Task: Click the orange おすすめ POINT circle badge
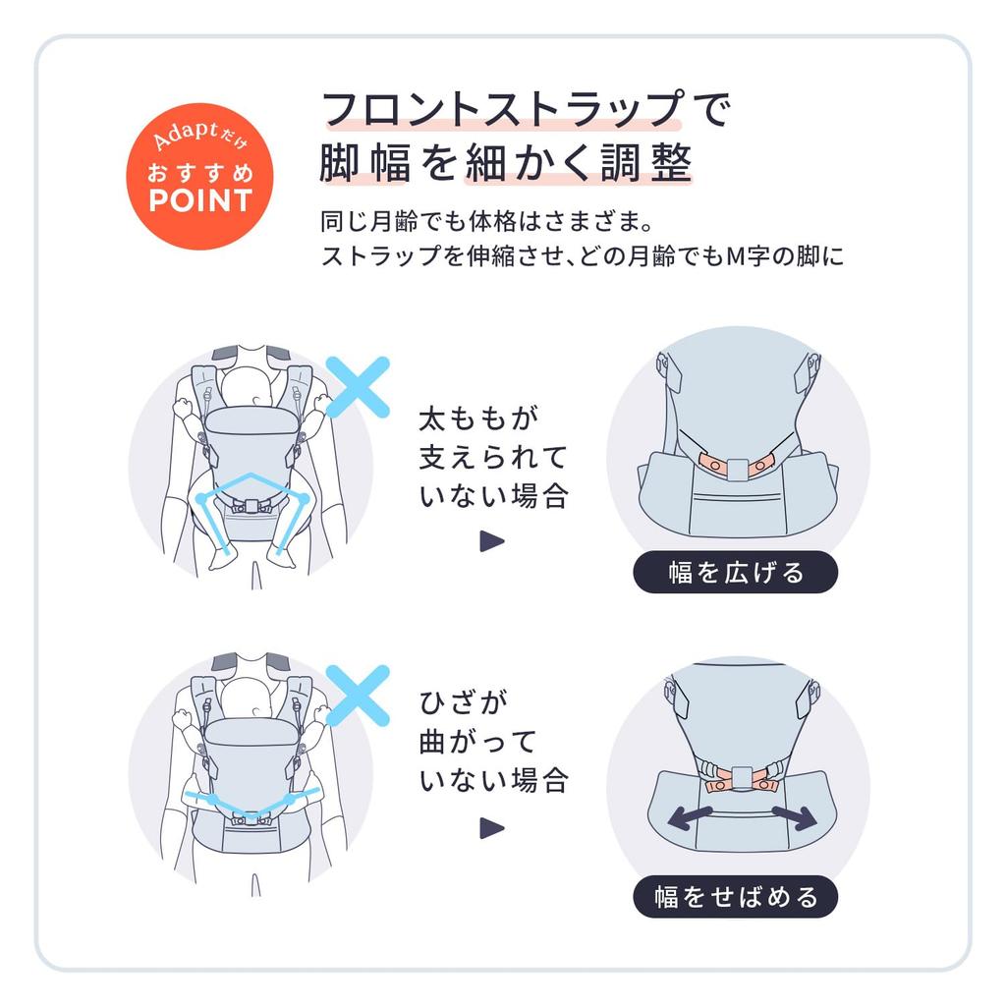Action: pos(199,177)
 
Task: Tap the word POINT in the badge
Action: pos(199,200)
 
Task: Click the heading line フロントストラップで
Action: pos(527,108)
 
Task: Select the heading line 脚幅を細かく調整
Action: pos(506,162)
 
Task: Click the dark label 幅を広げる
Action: pos(735,572)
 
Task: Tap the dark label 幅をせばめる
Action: pos(735,897)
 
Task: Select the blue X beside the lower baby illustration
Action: pos(358,696)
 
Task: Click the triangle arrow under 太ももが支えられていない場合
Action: pos(491,541)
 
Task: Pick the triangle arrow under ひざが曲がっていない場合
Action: pos(491,828)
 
